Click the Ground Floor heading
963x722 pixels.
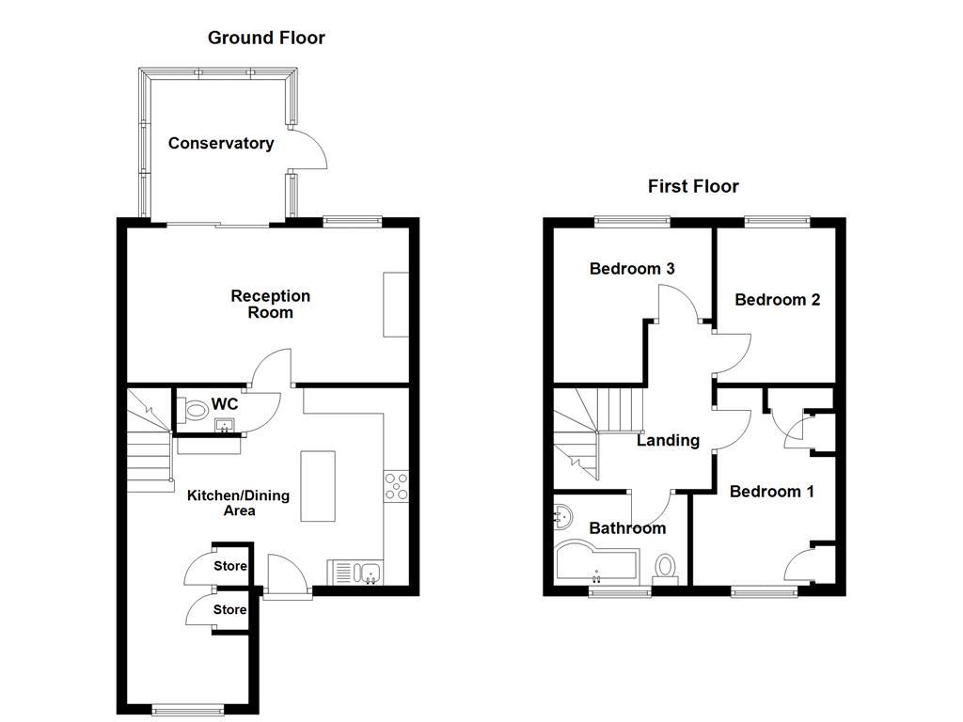266,38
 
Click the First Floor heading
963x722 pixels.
693,187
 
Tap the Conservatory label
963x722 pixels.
221,144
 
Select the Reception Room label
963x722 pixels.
270,305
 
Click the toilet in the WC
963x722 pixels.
193,410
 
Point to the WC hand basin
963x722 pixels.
224,426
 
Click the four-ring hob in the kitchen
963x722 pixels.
396,486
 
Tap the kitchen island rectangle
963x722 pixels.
318,486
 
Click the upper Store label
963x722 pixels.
230,566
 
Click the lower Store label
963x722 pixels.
229,609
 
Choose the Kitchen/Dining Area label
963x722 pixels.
238,504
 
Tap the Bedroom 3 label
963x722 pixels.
632,269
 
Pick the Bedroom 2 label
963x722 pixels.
778,300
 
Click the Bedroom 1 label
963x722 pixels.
772,492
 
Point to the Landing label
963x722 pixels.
669,441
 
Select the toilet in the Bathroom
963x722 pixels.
665,568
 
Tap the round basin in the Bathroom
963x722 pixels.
562,517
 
